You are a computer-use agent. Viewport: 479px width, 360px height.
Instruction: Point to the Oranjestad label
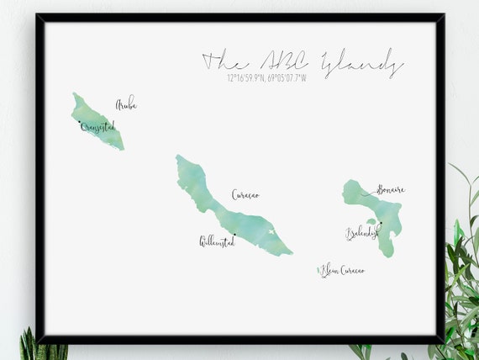tap(98, 127)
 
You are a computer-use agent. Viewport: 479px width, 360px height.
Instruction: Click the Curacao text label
tap(245, 195)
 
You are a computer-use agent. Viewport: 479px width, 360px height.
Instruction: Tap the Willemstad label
tap(217, 242)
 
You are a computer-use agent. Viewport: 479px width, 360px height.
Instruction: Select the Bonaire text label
tap(391, 190)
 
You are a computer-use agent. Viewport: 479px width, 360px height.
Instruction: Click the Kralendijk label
tap(362, 233)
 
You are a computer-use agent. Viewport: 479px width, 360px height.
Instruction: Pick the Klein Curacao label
tap(343, 271)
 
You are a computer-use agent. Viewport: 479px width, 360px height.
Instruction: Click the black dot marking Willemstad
tap(234, 235)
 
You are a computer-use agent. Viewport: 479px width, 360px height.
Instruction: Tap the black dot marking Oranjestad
tap(80, 123)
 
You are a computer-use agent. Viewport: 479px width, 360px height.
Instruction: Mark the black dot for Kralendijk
tap(380, 223)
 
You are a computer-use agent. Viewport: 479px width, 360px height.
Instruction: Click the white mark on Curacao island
tap(271, 232)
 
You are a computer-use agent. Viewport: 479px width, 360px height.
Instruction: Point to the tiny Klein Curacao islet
tap(318, 268)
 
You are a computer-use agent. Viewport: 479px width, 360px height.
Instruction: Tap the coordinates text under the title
tap(266, 78)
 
